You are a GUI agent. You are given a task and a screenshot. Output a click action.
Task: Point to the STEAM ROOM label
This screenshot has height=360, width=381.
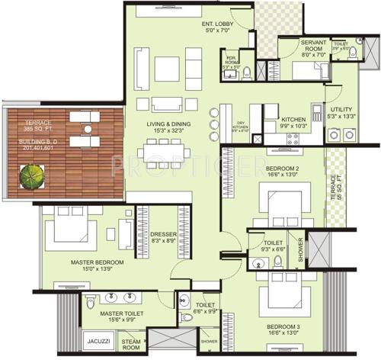(131, 345)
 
